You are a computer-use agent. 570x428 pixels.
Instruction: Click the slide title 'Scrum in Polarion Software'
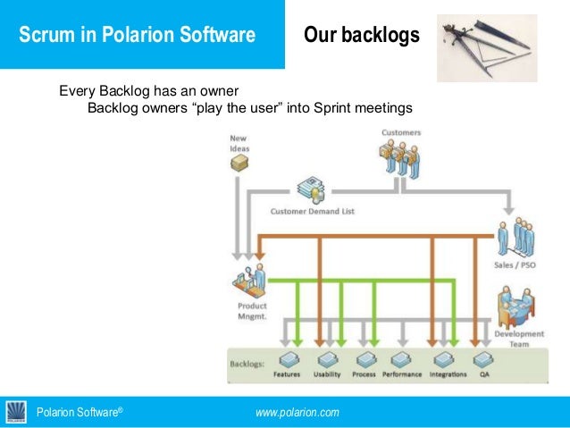point(138,36)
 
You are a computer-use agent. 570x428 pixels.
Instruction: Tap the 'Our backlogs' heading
point(361,36)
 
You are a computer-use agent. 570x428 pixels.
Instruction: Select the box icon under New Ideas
point(239,164)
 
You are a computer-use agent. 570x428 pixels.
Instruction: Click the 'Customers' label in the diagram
point(401,133)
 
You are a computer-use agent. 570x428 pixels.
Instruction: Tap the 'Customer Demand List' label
point(312,212)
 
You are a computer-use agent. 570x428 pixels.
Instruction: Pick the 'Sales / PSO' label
point(515,266)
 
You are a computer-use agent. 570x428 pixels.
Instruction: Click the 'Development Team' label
point(513,340)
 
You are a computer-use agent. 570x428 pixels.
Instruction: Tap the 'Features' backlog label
point(287,374)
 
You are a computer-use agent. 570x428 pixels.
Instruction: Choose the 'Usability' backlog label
point(327,374)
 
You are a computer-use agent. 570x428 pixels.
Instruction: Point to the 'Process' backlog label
point(364,374)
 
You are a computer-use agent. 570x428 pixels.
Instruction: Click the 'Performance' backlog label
point(402,374)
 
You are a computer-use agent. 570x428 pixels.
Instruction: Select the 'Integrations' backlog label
point(448,374)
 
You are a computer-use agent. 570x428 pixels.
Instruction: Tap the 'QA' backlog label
point(483,374)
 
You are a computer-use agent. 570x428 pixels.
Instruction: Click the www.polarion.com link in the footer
point(297,412)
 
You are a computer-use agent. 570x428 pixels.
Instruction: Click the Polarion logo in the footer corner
point(16,412)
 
